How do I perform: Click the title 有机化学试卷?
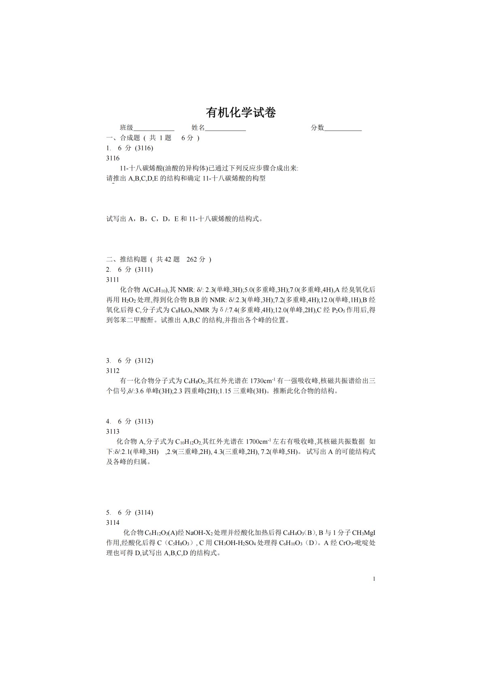pyautogui.click(x=241, y=113)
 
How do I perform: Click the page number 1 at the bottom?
pyautogui.click(x=374, y=579)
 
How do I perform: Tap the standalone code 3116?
pyautogui.click(x=113, y=158)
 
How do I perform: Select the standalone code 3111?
pyautogui.click(x=113, y=280)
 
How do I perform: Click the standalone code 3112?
pyautogui.click(x=113, y=371)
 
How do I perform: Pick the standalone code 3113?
pyautogui.click(x=113, y=432)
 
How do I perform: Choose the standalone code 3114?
pyautogui.click(x=113, y=523)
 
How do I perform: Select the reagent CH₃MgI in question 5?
pyautogui.click(x=364, y=533)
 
